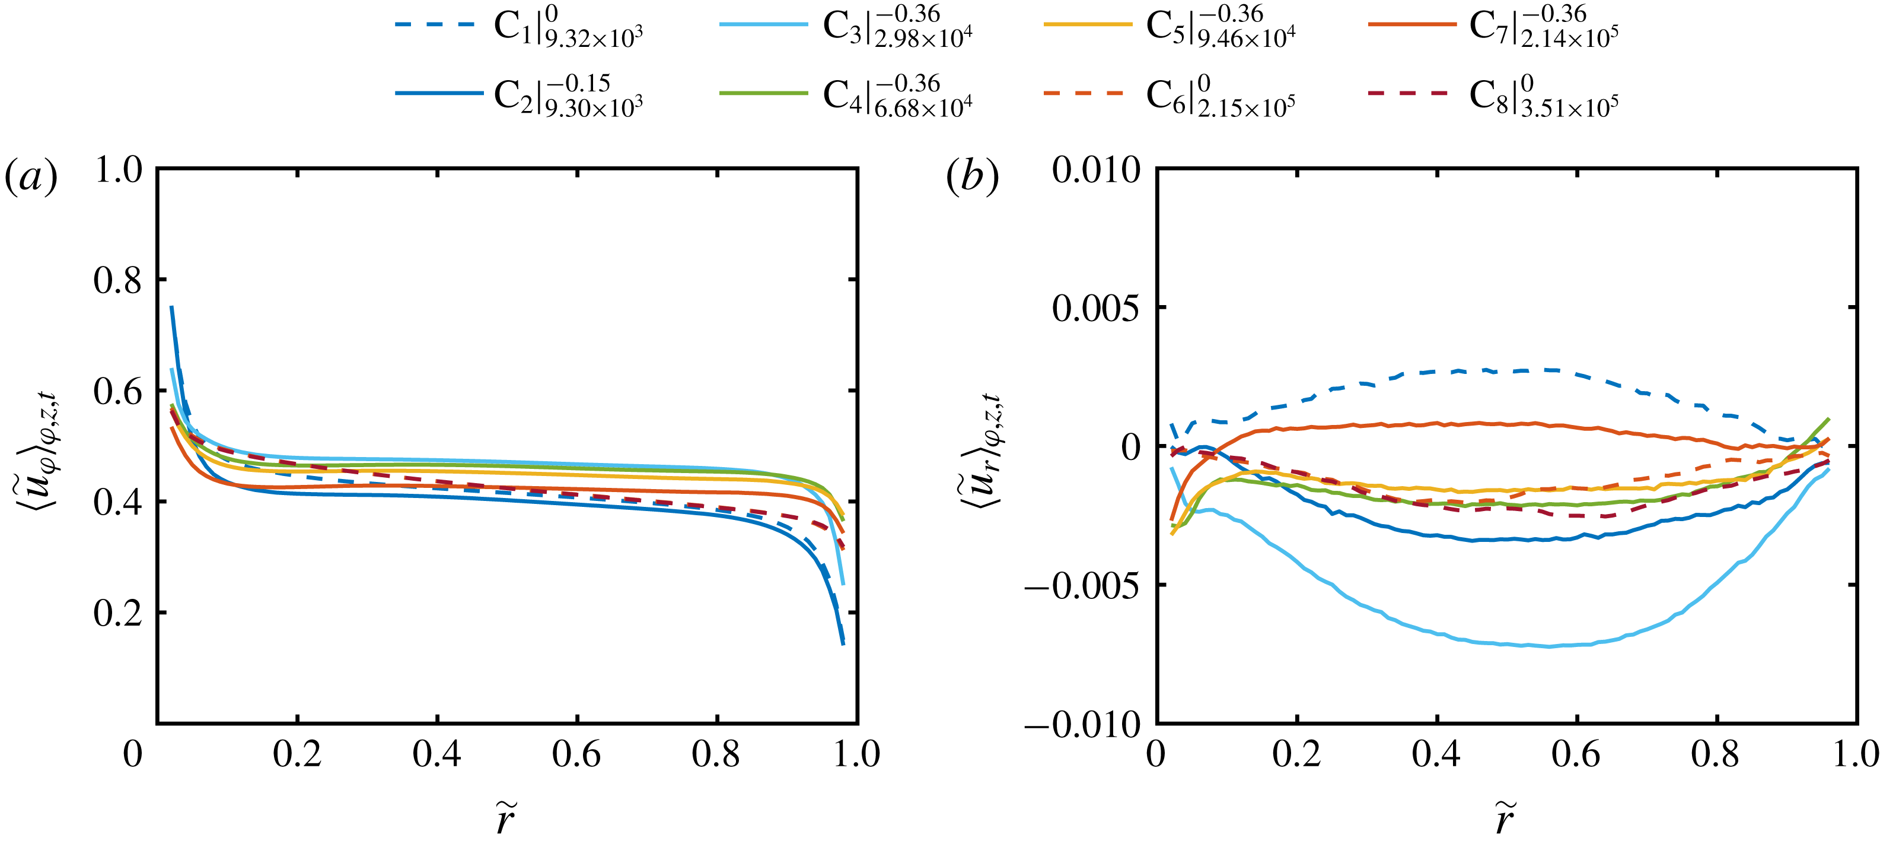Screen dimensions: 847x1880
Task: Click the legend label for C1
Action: tap(568, 27)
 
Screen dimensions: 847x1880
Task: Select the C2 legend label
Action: tap(568, 96)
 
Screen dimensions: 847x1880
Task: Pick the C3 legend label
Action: tap(897, 27)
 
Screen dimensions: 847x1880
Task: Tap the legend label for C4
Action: tap(897, 96)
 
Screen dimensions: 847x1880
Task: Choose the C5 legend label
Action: tap(1221, 27)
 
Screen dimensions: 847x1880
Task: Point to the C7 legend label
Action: tap(1544, 27)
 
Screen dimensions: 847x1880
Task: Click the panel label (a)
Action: tap(31, 177)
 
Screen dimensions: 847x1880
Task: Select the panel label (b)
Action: tap(972, 177)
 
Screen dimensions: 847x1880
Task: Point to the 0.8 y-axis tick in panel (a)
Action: tap(118, 280)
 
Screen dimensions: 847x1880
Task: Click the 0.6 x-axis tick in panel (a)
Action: tap(576, 754)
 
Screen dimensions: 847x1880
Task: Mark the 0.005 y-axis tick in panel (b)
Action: tap(1095, 308)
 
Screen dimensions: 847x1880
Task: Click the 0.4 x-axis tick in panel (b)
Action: tap(1436, 754)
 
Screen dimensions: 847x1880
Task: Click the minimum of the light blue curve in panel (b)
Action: tap(1548, 646)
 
